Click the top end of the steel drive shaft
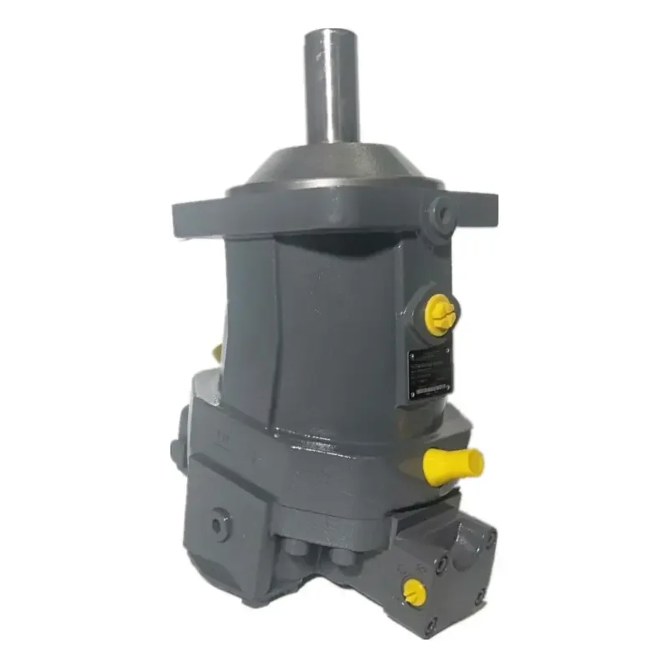[x=333, y=35]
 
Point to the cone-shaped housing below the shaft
[x=334, y=167]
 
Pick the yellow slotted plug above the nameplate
[x=440, y=314]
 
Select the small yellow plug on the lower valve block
[x=413, y=592]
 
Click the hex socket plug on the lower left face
[x=220, y=524]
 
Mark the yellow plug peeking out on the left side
[x=217, y=352]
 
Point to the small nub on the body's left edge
[x=177, y=452]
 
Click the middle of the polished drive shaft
[x=333, y=88]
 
